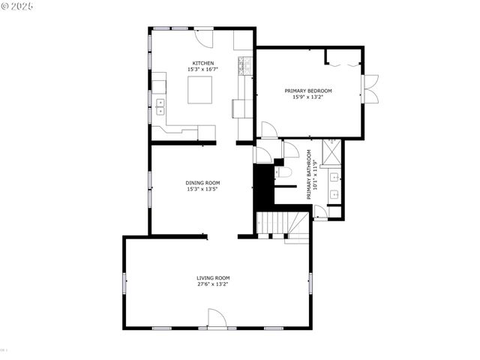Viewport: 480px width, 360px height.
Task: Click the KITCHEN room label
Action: [x=203, y=63]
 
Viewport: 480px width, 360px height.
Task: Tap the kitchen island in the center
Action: [x=200, y=91]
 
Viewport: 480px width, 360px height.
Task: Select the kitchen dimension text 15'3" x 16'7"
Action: [x=203, y=70]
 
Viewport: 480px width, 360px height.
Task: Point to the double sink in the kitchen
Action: [x=160, y=106]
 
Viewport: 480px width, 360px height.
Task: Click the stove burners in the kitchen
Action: [x=243, y=67]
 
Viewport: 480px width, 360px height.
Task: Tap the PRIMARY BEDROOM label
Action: [x=307, y=91]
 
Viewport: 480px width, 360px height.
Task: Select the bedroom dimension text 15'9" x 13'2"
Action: [x=307, y=97]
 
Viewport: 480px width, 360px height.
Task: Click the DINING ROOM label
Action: [x=202, y=183]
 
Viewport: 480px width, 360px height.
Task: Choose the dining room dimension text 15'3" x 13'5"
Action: [x=202, y=189]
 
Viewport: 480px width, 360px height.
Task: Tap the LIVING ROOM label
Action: [x=213, y=278]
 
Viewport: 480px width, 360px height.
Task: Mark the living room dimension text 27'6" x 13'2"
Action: [x=213, y=284]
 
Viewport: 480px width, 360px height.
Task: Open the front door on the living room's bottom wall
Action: [x=216, y=321]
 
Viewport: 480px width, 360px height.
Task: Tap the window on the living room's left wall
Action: [x=124, y=283]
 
